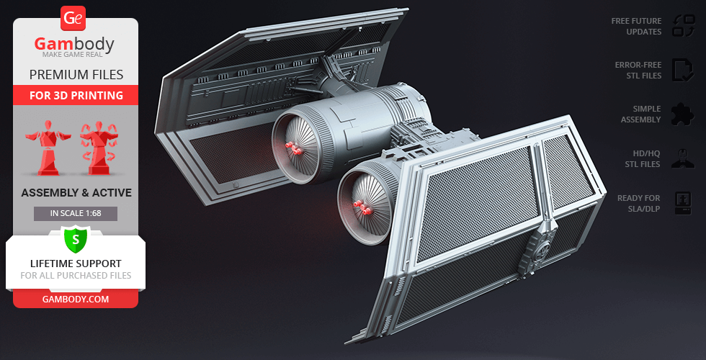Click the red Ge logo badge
[73, 19]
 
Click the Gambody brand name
[74, 44]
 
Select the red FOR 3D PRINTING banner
[76, 95]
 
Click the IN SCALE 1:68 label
[76, 213]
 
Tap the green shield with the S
[76, 240]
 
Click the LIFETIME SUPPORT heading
[76, 264]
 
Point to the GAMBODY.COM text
[76, 300]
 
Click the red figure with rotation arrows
[99, 148]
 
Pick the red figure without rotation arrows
[48, 148]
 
